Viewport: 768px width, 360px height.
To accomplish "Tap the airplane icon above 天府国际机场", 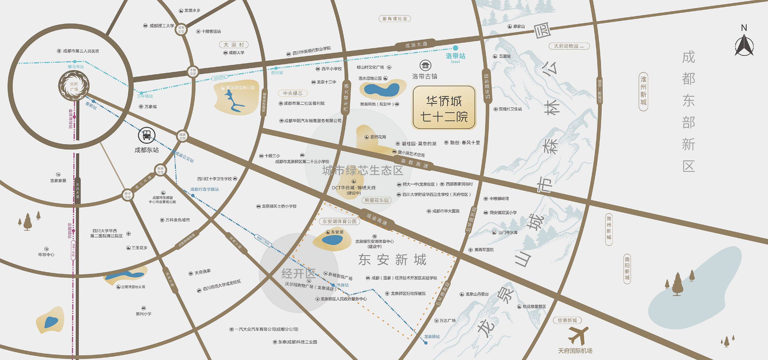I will pyautogui.click(x=578, y=336).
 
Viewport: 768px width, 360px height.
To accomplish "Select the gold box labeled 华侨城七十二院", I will pyautogui.click(x=444, y=108).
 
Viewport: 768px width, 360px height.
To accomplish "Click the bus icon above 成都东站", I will pyautogui.click(x=146, y=135).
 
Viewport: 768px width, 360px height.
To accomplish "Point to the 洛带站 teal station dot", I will pyautogui.click(x=456, y=48).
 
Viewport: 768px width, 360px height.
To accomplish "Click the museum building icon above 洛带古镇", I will pyautogui.click(x=425, y=65).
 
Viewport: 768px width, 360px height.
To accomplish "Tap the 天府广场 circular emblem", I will pyautogui.click(x=74, y=86).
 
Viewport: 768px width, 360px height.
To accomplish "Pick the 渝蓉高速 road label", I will pyautogui.click(x=414, y=163).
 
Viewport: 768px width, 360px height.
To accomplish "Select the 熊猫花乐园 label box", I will pyautogui.click(x=376, y=200).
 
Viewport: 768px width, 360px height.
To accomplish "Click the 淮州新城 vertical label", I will pyautogui.click(x=643, y=91).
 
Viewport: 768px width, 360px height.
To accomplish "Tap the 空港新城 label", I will pyautogui.click(x=567, y=320).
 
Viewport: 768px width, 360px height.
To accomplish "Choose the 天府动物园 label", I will pyautogui.click(x=569, y=46).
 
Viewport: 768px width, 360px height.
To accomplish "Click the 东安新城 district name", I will pyautogui.click(x=392, y=260).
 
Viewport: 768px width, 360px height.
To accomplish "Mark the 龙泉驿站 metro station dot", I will pyautogui.click(x=426, y=343).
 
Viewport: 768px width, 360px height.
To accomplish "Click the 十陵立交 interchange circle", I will pyautogui.click(x=193, y=72).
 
